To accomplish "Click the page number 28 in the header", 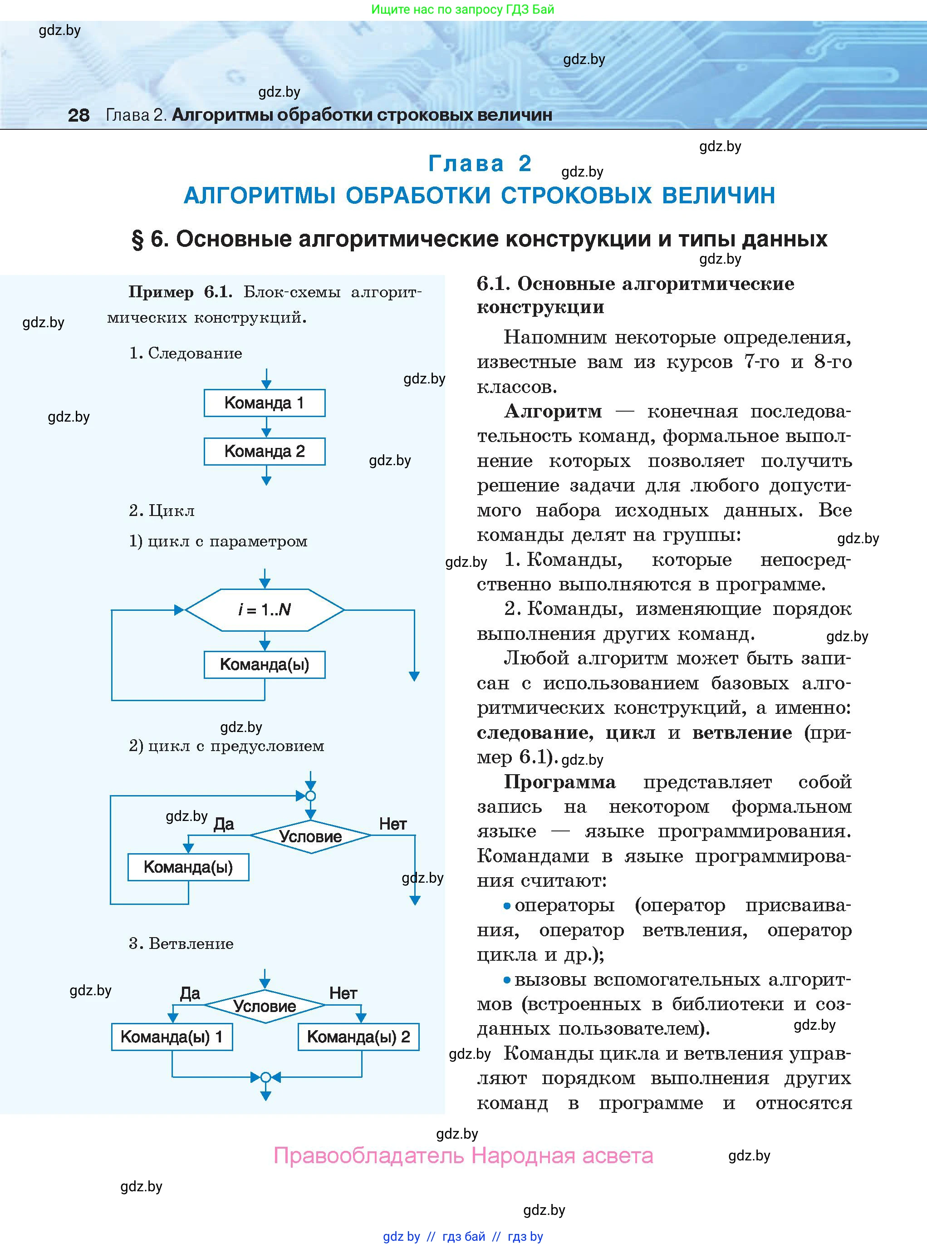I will click(x=78, y=115).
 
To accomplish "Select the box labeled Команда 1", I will click(x=264, y=403).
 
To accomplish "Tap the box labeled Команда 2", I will click(x=264, y=451).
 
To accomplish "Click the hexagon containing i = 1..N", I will click(x=264, y=609).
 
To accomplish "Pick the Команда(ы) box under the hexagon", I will click(x=264, y=664).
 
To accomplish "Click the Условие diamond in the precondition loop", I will click(x=310, y=836).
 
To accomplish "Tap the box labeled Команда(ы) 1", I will click(x=172, y=1037).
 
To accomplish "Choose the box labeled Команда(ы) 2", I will click(x=358, y=1037).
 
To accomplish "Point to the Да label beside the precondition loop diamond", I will click(x=223, y=824).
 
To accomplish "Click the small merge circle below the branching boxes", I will click(x=266, y=1077).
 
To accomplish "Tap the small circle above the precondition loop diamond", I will click(x=310, y=796).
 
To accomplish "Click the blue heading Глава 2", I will click(x=480, y=163).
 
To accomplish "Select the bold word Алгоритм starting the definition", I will click(x=553, y=411).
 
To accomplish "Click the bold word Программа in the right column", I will click(x=559, y=781).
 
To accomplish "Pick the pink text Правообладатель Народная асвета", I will click(x=464, y=1156).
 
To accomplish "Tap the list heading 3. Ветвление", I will click(x=181, y=943).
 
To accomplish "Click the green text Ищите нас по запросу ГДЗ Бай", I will click(x=462, y=10).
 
